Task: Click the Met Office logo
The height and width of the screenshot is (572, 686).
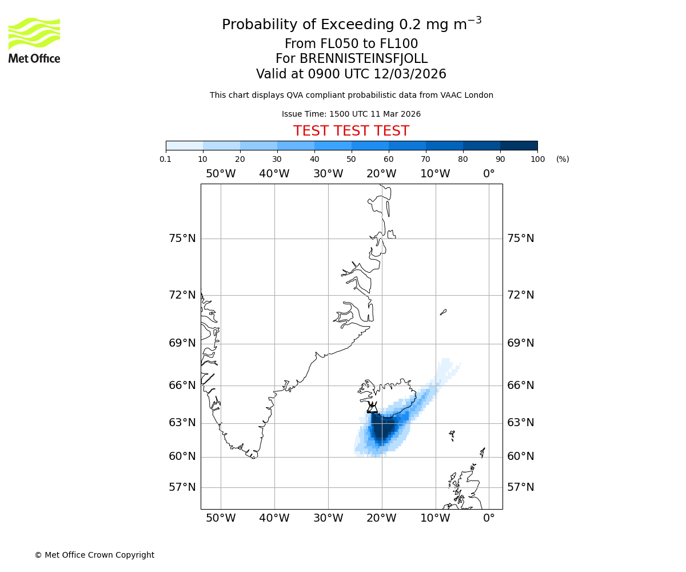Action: pos(34,40)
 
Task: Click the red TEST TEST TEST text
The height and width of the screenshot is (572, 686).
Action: pos(351,131)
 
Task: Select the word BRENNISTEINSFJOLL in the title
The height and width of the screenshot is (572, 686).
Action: pos(364,59)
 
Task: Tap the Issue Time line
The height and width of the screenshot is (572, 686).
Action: pos(351,114)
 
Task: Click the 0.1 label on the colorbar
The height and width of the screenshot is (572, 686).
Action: pos(166,159)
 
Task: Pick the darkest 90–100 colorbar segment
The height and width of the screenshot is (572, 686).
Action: pos(519,145)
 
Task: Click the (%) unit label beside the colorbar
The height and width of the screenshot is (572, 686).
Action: pos(563,159)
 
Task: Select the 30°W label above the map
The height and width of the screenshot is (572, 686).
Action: pos(328,174)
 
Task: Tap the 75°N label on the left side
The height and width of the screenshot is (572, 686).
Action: pos(182,239)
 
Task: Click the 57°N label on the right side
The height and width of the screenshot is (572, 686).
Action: pos(521,487)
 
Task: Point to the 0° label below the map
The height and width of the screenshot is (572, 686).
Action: pos(489,518)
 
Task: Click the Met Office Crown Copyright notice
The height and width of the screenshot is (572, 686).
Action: pos(94,555)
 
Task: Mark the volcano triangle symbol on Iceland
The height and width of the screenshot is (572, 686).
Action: pos(372,408)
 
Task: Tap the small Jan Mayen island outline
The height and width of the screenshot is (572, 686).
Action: pos(443,312)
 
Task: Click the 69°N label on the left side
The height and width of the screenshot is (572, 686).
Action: pos(182,343)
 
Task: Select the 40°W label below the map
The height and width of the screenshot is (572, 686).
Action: pos(274,518)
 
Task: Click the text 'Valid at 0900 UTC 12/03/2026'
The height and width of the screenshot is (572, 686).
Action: pos(351,74)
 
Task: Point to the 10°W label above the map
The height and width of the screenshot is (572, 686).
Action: pos(435,174)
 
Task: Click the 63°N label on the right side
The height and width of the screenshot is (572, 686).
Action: pos(521,423)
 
